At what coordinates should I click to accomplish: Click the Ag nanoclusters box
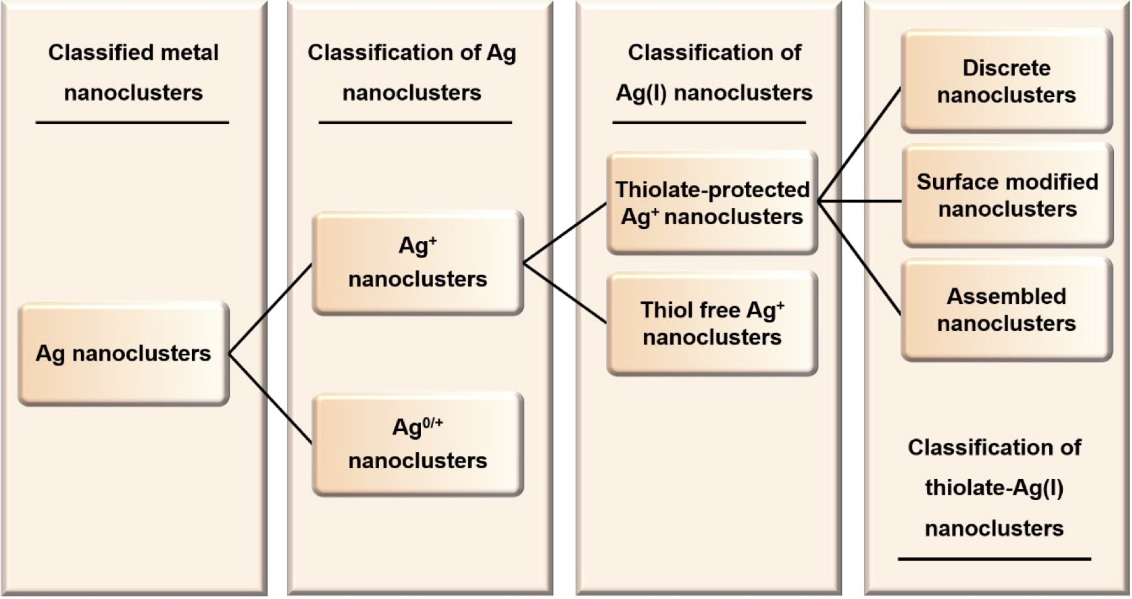click(x=124, y=353)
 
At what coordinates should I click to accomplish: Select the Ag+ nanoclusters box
click(x=417, y=263)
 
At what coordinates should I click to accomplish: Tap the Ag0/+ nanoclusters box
click(x=417, y=444)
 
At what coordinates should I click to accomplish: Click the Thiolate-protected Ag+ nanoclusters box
click(x=712, y=203)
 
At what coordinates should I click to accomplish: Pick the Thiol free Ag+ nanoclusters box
click(x=712, y=323)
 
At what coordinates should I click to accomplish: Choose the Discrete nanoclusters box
click(x=1007, y=81)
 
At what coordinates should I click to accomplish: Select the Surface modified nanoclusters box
click(x=1007, y=195)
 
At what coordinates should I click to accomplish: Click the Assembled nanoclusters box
click(x=1007, y=309)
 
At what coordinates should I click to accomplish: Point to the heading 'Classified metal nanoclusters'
click(x=133, y=72)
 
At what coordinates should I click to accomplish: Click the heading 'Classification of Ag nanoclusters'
click(x=412, y=72)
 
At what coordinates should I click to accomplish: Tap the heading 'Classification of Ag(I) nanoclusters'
click(x=715, y=72)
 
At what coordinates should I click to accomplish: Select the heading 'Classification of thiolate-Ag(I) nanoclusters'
click(x=994, y=488)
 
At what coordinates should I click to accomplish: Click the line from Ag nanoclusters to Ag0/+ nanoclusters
click(x=270, y=399)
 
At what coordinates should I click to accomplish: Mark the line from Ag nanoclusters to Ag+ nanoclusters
click(x=270, y=309)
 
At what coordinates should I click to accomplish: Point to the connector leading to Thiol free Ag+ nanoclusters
click(x=565, y=293)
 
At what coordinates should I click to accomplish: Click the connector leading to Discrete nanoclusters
click(x=860, y=145)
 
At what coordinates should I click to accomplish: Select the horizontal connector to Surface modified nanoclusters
click(x=860, y=201)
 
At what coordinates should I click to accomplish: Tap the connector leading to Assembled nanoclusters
click(x=860, y=258)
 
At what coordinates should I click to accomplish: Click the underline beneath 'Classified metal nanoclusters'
click(x=132, y=122)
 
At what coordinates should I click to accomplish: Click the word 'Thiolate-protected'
click(x=712, y=190)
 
